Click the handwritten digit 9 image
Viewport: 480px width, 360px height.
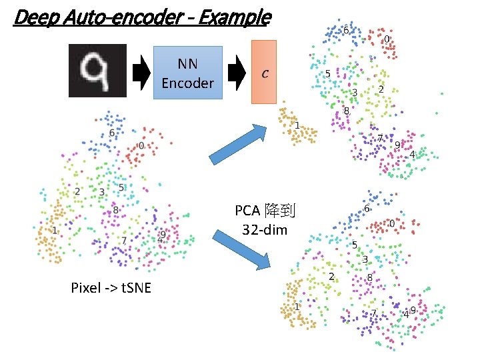coord(97,70)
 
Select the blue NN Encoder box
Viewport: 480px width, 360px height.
coord(187,73)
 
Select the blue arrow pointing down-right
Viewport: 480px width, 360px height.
coord(241,249)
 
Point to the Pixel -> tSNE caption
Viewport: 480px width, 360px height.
coord(111,288)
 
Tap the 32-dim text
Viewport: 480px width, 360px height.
coord(265,231)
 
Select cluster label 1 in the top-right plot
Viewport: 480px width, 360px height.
coord(297,126)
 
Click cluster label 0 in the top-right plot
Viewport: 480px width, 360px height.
coord(387,39)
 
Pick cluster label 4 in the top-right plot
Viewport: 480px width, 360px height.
coord(412,155)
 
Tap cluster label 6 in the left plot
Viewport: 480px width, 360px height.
coord(111,133)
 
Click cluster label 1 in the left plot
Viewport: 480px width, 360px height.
coord(55,230)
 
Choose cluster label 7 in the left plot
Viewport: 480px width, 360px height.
coord(124,240)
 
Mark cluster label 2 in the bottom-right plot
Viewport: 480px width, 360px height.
coord(331,276)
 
